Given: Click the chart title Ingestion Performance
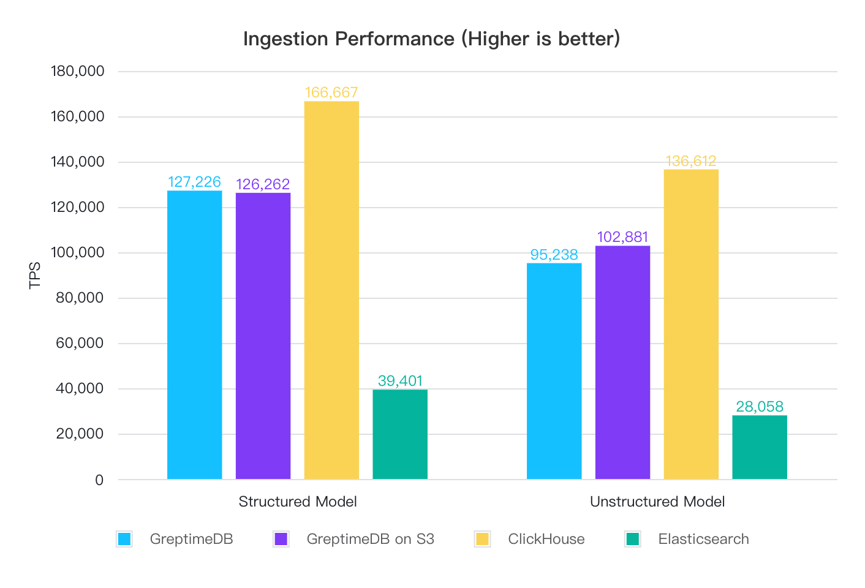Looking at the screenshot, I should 431,39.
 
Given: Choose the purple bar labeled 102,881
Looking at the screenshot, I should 622,362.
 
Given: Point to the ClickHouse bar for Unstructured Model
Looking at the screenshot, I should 691,324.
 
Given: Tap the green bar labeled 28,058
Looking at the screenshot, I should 760,447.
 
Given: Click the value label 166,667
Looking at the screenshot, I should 331,92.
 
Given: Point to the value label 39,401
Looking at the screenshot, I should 400,381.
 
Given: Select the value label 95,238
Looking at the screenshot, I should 554,255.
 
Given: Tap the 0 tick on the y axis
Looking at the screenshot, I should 99,480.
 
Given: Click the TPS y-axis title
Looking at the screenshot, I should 35,275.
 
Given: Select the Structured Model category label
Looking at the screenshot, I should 297,502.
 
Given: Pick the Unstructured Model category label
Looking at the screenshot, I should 657,502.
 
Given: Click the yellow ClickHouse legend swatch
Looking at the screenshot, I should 482,539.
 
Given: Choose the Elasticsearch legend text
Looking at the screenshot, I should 703,539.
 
